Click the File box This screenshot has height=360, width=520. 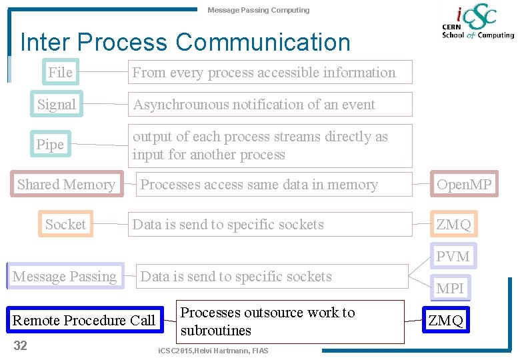(60, 72)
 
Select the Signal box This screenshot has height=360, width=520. (57, 104)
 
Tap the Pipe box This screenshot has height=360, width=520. (50, 145)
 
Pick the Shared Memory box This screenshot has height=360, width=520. (66, 185)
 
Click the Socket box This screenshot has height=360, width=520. (65, 225)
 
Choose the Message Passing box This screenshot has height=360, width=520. (65, 276)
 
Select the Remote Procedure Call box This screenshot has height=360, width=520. (84, 321)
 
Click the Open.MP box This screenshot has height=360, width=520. (464, 185)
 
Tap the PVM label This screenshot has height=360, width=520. (453, 257)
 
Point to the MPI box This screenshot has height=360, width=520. (450, 288)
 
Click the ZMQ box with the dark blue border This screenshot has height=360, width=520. (446, 321)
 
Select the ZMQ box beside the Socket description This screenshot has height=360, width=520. (453, 225)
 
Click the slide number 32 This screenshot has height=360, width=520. (21, 345)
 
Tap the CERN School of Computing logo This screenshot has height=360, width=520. (477, 23)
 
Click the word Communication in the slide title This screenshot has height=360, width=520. (263, 43)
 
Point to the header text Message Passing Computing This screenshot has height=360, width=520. (258, 10)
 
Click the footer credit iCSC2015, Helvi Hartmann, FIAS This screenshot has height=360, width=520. (213, 351)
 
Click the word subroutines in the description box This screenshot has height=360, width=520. (216, 331)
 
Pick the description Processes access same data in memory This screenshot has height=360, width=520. (259, 185)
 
